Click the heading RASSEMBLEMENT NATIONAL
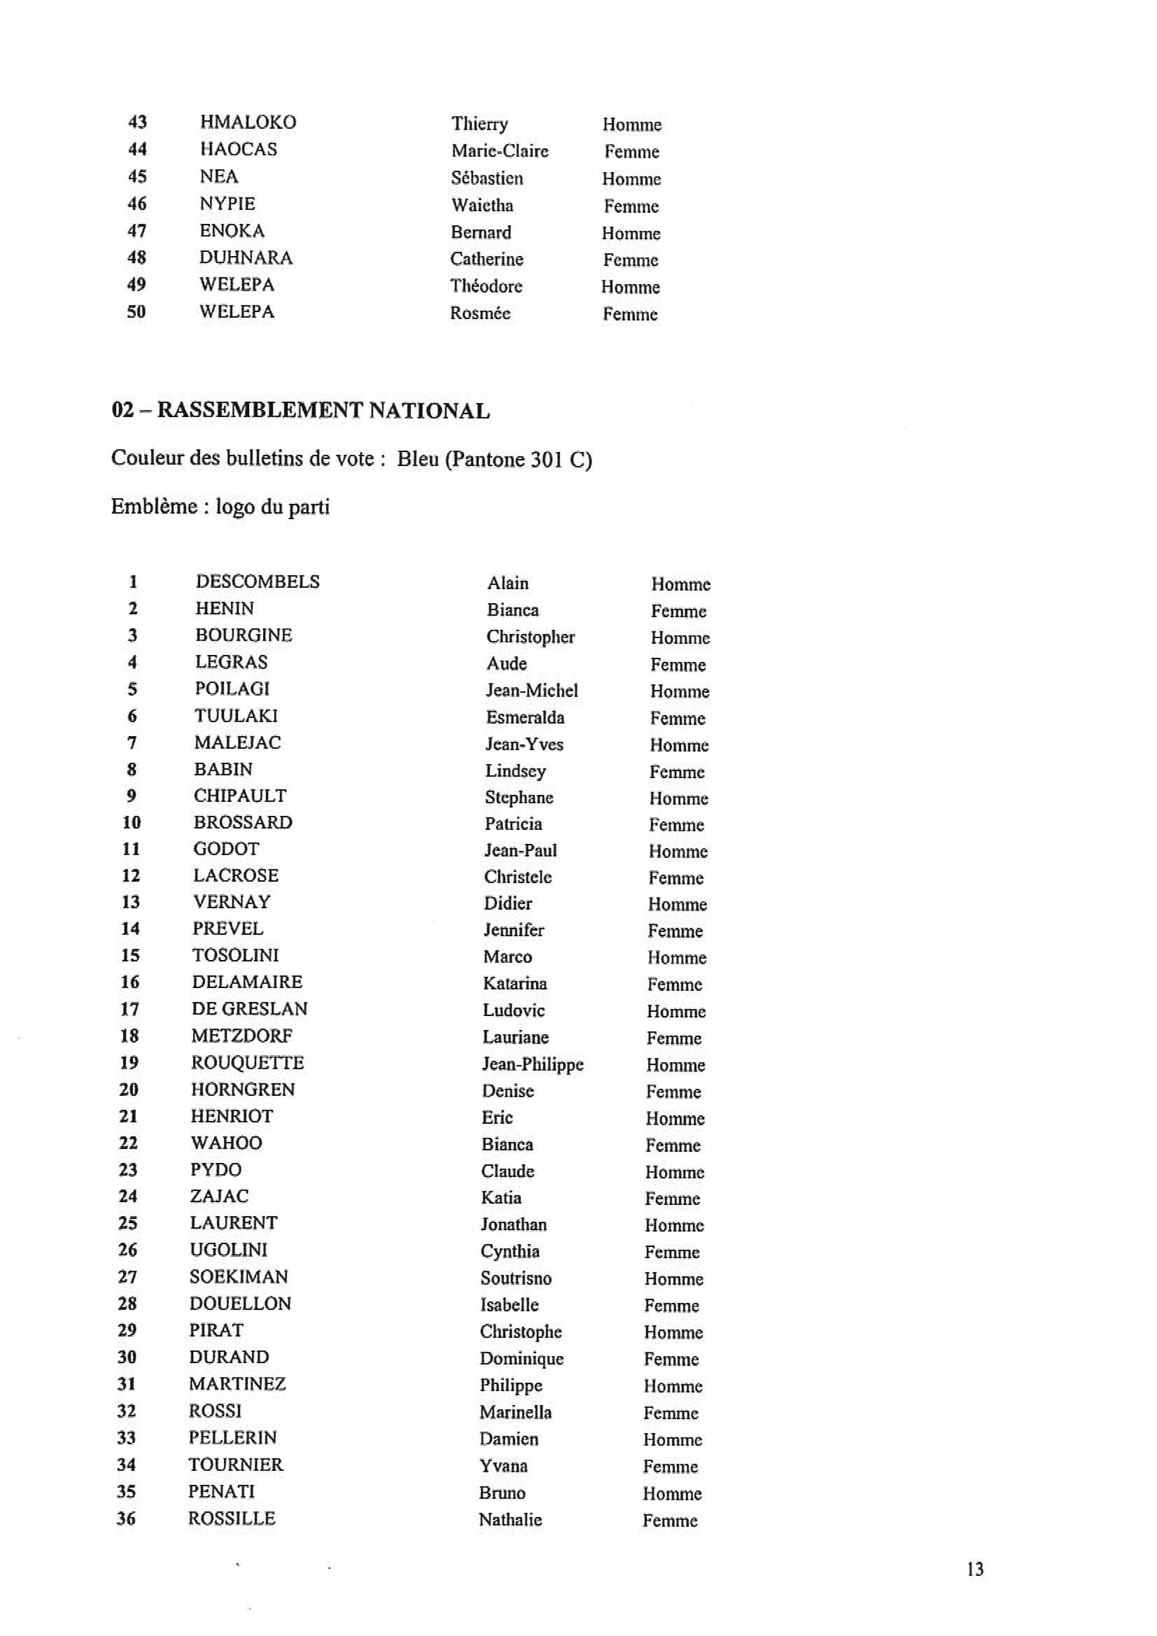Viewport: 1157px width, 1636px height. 323,411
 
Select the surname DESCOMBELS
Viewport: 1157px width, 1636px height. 257,581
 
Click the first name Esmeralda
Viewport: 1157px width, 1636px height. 524,717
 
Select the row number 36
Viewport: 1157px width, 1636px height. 126,1518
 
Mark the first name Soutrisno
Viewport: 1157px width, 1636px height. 516,1278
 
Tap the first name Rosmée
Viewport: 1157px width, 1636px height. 480,313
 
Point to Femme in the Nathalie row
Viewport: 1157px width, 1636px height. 669,1521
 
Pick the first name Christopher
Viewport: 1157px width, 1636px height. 530,637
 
